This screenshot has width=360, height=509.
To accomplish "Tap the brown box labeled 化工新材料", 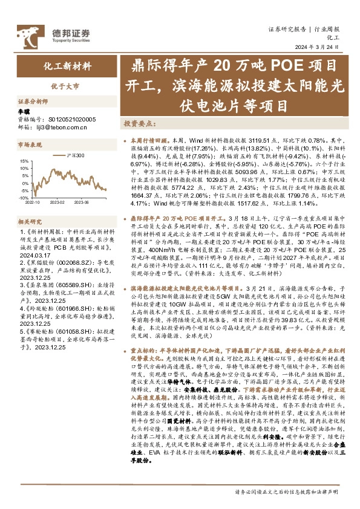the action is [67, 66].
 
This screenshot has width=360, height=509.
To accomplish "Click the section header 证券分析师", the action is [32, 102].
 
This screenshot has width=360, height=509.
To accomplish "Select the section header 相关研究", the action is [28, 222].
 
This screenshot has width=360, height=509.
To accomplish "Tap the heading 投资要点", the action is [137, 122].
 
